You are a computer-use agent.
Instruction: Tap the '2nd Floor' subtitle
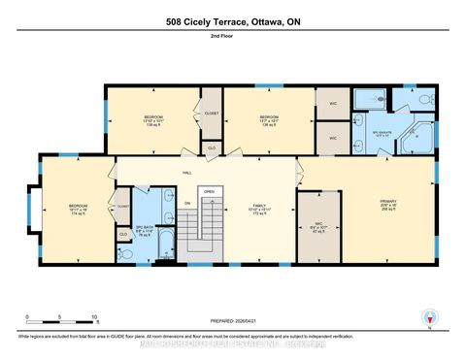233,37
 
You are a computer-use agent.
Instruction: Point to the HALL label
186,173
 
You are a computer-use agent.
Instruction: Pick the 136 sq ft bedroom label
267,121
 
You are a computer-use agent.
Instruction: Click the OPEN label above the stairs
208,192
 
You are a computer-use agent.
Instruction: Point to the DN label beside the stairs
187,203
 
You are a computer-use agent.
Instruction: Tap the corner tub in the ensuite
421,135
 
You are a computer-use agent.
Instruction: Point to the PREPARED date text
233,321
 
